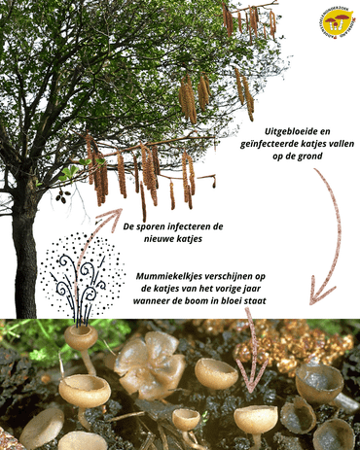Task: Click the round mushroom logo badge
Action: point(338,20)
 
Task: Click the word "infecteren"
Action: point(206,226)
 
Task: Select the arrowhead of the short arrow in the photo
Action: point(251,385)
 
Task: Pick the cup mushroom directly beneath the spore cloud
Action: point(81,338)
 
